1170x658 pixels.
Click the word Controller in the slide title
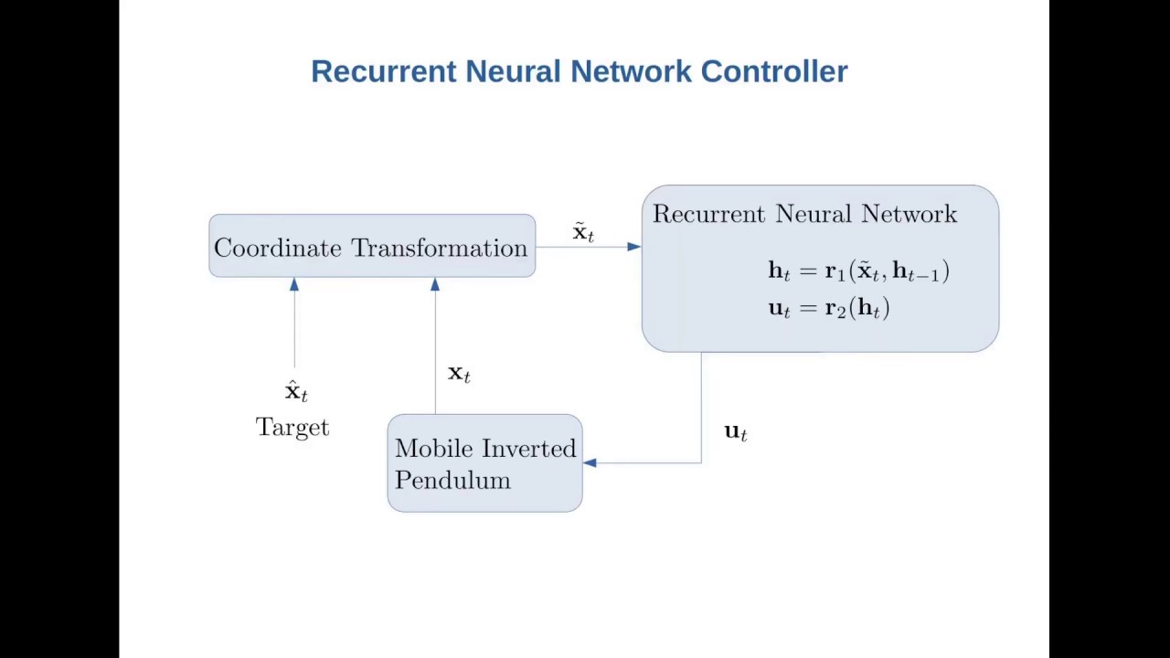[x=774, y=71]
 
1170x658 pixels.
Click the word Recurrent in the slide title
[x=383, y=71]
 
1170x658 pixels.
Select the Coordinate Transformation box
[x=372, y=246]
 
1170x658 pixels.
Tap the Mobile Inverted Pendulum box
[x=484, y=463]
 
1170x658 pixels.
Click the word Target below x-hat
[x=292, y=428]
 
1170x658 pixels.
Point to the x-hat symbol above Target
[x=295, y=391]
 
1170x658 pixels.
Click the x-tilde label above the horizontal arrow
[x=583, y=232]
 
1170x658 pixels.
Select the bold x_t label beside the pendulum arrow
[x=459, y=373]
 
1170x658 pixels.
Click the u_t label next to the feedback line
[x=736, y=431]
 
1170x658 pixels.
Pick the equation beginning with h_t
[x=858, y=271]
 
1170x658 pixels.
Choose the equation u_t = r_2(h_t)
[x=829, y=308]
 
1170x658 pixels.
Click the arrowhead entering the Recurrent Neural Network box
[x=634, y=247]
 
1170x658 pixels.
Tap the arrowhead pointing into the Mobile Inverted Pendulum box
[x=590, y=463]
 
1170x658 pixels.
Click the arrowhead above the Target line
[x=294, y=285]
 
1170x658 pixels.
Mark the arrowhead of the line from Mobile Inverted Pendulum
[x=435, y=285]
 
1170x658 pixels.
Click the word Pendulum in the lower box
[x=452, y=481]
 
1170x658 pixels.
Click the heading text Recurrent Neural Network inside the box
[x=804, y=214]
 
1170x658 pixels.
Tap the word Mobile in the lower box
[x=434, y=449]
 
